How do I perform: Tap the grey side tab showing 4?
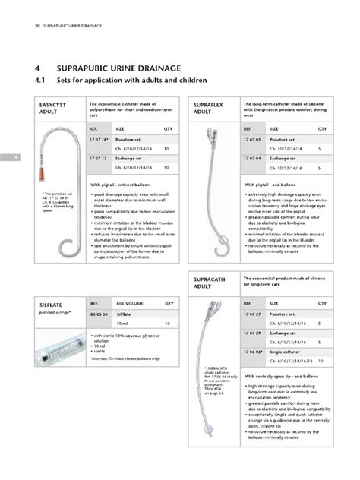click(x=4, y=157)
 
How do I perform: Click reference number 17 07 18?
click(x=100, y=141)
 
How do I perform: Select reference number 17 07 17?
click(x=99, y=157)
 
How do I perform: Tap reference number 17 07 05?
click(x=252, y=141)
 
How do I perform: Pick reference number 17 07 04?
click(x=252, y=157)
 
